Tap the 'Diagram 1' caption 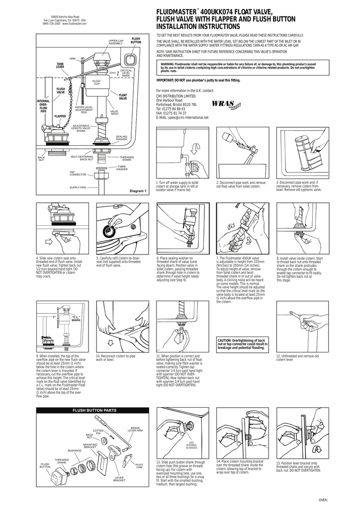point(138,191)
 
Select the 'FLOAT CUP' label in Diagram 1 point(96,82)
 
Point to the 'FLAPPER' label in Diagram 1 point(60,116)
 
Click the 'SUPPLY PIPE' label point(78,187)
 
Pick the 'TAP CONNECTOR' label point(78,173)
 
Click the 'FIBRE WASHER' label point(122,168)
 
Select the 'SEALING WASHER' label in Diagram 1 point(121,138)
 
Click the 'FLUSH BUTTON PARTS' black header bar point(94,410)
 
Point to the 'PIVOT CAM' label point(139,465)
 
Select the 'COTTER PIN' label point(97,431)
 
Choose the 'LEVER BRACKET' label point(119,480)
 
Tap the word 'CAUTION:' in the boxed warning point(226,340)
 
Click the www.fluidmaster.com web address point(75,23)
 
